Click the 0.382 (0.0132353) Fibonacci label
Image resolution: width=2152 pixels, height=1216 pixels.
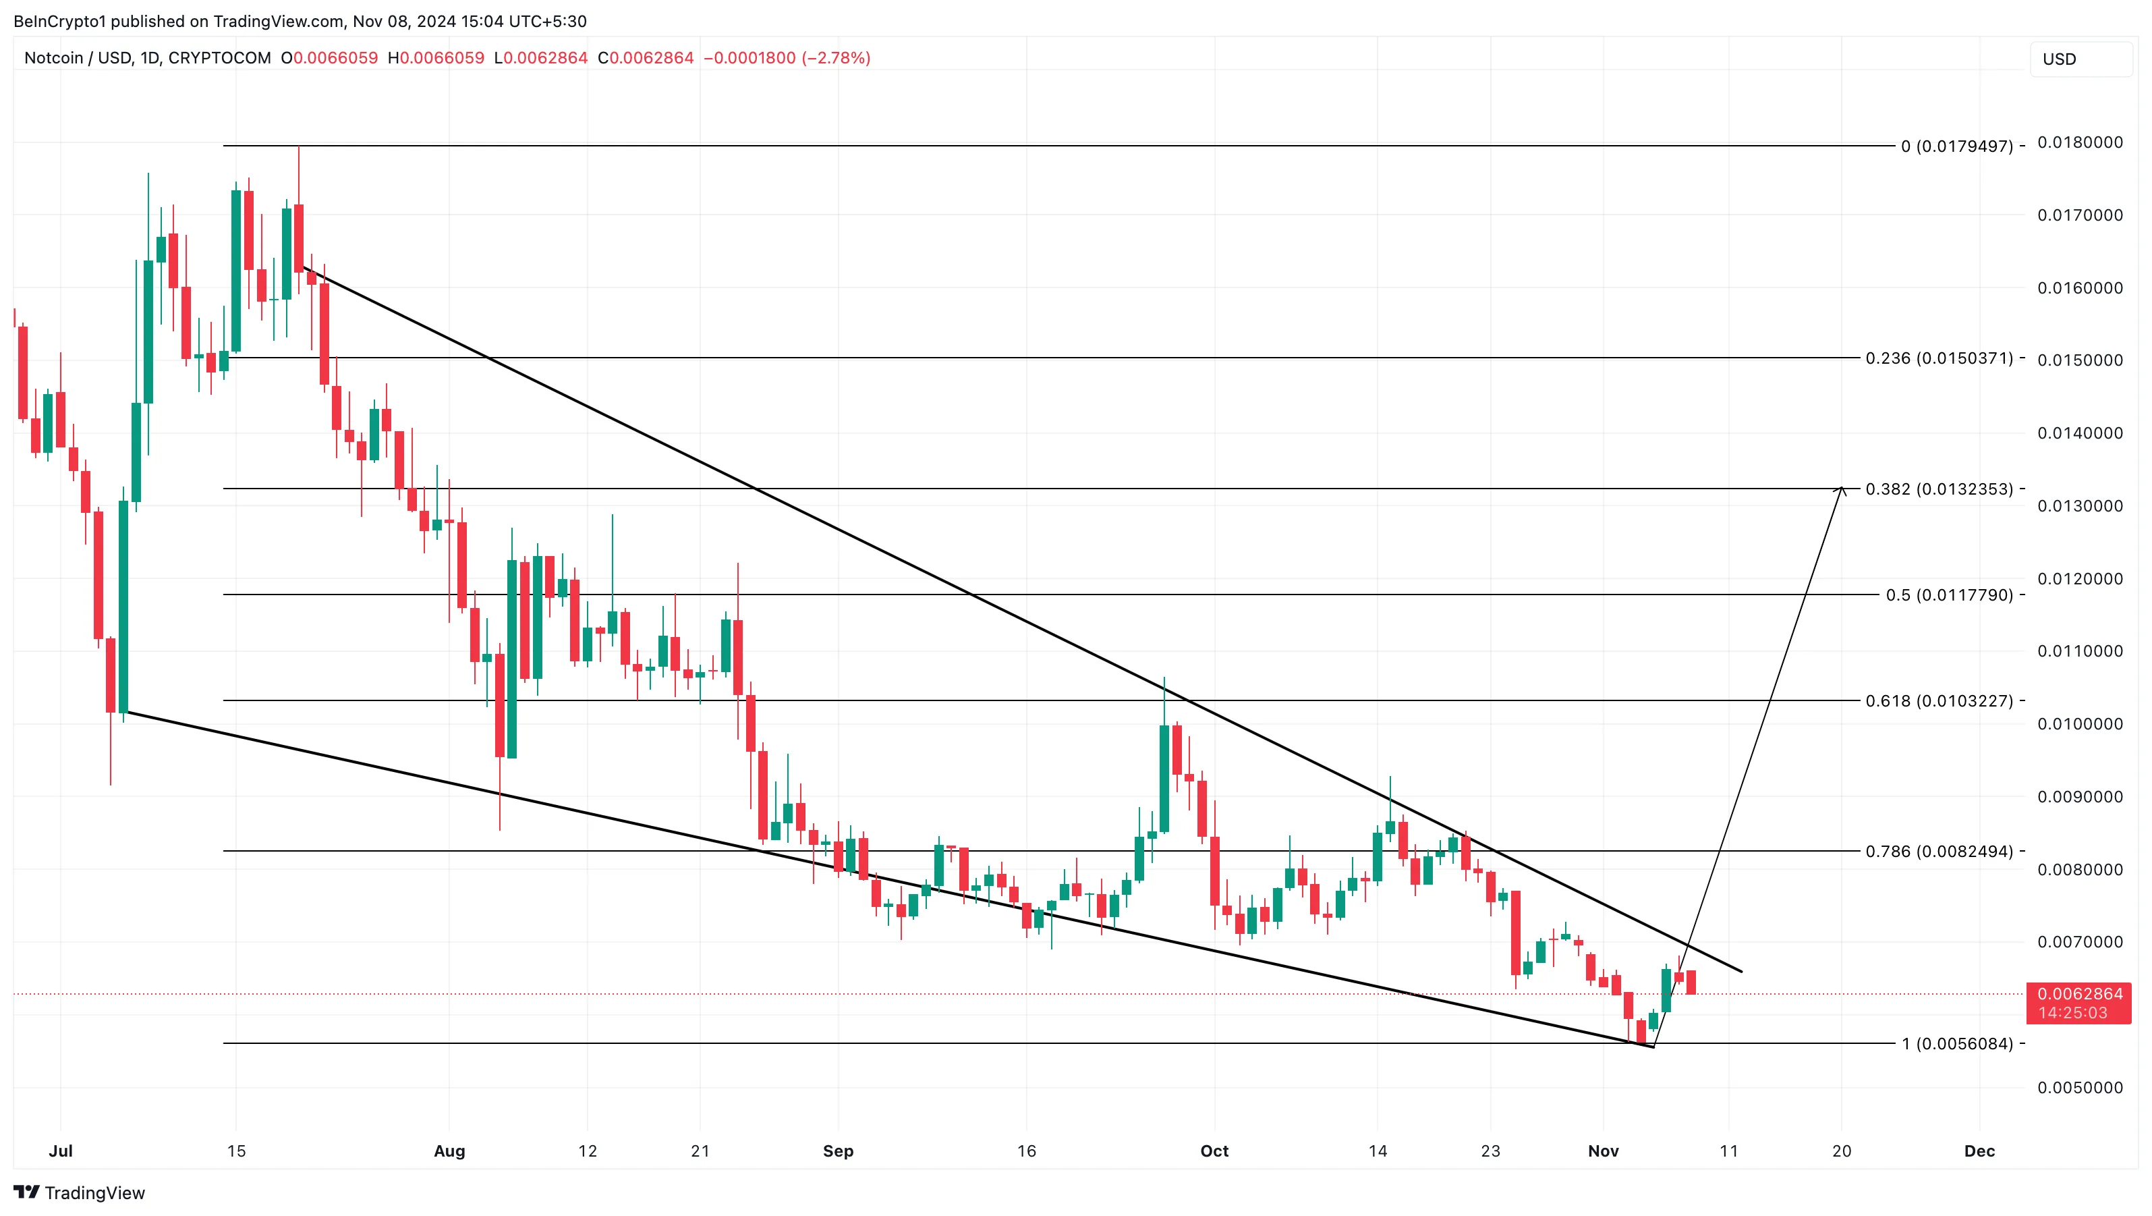(1938, 489)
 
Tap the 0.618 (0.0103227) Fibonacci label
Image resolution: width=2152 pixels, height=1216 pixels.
(1938, 701)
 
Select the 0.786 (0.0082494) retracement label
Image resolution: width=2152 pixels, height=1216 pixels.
(1938, 852)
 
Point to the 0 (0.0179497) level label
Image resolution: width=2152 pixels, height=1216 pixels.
(1956, 146)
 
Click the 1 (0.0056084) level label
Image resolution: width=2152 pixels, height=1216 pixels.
(1956, 1044)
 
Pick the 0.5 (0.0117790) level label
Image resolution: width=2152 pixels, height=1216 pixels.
(1949, 595)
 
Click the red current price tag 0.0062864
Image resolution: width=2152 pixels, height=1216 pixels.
(2079, 995)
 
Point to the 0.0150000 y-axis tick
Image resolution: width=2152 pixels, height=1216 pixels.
(2079, 360)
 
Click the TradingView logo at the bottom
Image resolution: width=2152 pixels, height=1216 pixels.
(80, 1192)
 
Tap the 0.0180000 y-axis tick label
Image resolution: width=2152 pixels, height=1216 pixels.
(2079, 143)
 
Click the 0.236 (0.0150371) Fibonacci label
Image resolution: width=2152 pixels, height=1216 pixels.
(1938, 358)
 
